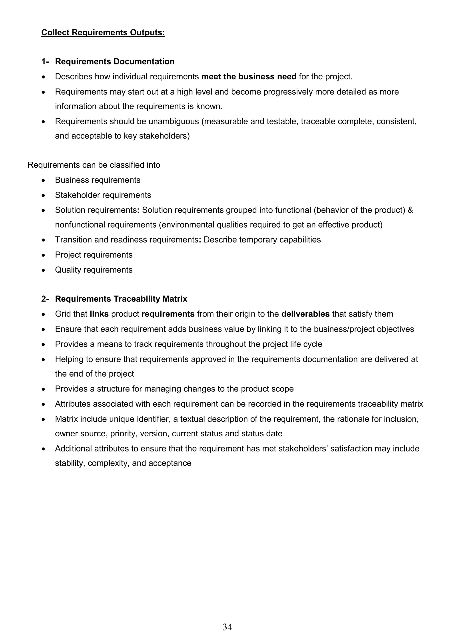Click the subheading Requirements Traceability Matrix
(x=121, y=299)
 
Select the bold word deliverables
(x=305, y=314)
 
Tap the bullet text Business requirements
(x=98, y=180)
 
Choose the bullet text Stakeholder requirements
(x=103, y=195)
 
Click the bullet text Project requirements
(x=94, y=255)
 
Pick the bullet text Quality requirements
(x=94, y=270)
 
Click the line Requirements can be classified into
(x=94, y=165)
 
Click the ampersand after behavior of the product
(x=410, y=210)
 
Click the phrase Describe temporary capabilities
(x=262, y=240)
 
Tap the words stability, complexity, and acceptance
(x=123, y=463)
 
